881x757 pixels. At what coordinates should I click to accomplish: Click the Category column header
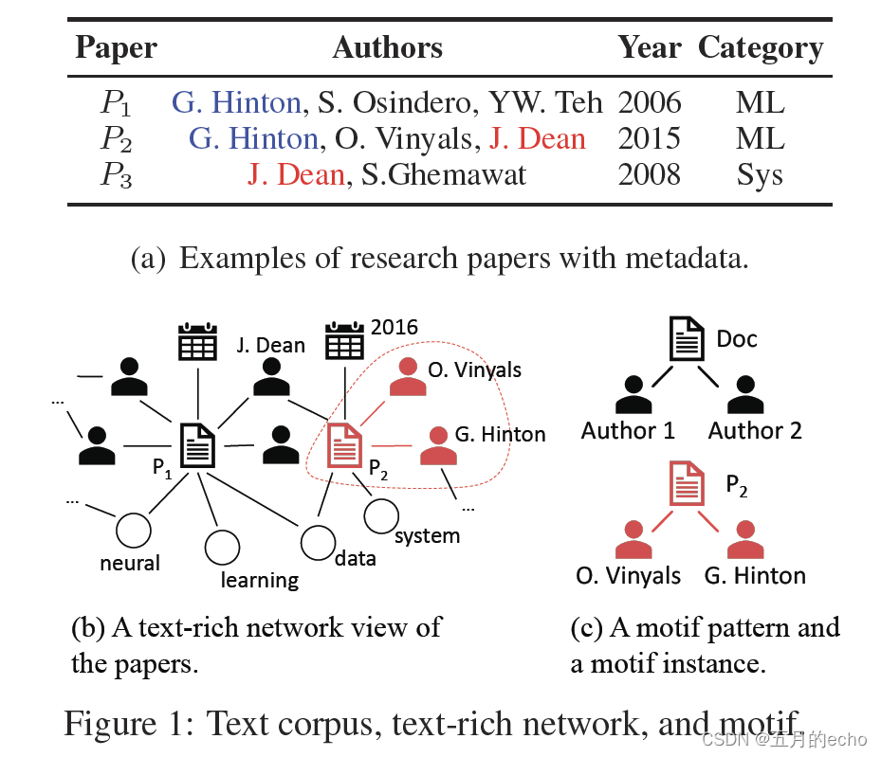click(761, 48)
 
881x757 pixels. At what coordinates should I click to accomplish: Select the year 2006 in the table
click(650, 102)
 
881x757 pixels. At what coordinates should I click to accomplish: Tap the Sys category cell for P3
click(760, 174)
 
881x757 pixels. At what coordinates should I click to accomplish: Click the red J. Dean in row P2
click(537, 139)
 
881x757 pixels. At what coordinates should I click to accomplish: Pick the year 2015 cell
click(650, 139)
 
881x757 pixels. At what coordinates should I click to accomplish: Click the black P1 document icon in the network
click(198, 444)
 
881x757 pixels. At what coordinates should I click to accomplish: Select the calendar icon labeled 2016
click(345, 339)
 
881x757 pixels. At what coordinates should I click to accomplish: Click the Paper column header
click(116, 48)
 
